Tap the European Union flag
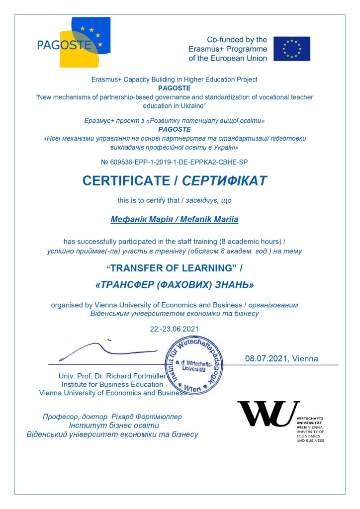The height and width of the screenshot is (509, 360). tap(291, 49)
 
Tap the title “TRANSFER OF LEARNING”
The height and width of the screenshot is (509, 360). tap(174, 268)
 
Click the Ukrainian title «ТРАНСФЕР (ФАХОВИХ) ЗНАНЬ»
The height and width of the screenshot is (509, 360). tap(174, 286)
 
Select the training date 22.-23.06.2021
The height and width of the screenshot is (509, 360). tap(174, 329)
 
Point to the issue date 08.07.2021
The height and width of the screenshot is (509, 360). tap(267, 358)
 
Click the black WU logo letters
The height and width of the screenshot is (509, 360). tap(268, 414)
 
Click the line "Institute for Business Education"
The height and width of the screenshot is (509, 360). tap(112, 384)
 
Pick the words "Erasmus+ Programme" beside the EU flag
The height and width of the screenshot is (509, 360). tap(228, 49)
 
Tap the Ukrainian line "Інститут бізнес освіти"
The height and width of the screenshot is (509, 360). tap(114, 426)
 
